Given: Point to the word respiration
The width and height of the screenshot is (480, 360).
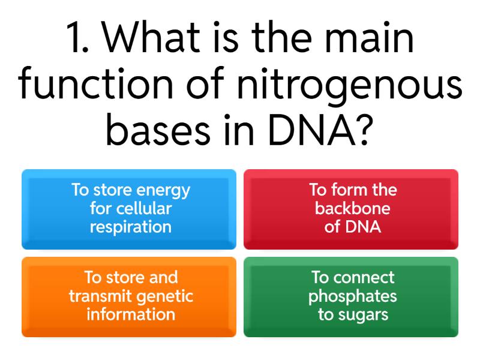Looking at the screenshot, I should coord(130,227).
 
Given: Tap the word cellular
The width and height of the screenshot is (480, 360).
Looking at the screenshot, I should coord(143,209).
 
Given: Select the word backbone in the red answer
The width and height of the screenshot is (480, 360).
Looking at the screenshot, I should coord(352,209).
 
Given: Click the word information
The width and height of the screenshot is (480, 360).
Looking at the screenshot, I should coord(130,314).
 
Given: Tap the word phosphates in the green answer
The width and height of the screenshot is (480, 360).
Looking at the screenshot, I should coord(352,296).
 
